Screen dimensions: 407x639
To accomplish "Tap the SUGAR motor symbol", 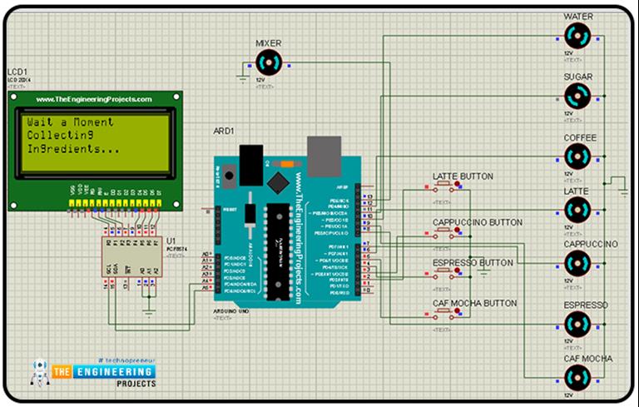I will tap(577, 97).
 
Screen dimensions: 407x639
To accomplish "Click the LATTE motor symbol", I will tap(577, 211).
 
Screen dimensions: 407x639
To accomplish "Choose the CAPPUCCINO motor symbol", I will tap(577, 265).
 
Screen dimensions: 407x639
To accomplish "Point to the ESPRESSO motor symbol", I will tap(577, 325).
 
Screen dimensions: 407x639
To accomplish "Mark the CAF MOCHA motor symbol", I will tap(577, 379).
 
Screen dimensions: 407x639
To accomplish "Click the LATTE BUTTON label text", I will tap(463, 176).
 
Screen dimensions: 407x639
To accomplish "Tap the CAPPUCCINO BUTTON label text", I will tap(478, 222).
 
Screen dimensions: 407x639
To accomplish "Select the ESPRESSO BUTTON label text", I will tap(473, 262).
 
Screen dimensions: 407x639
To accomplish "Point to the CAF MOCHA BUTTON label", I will tap(474, 303).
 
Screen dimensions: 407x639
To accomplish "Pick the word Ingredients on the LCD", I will tap(72, 149).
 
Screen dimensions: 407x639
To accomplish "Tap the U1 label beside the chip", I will tap(171, 240).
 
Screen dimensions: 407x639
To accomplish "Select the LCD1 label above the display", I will tap(18, 72).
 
